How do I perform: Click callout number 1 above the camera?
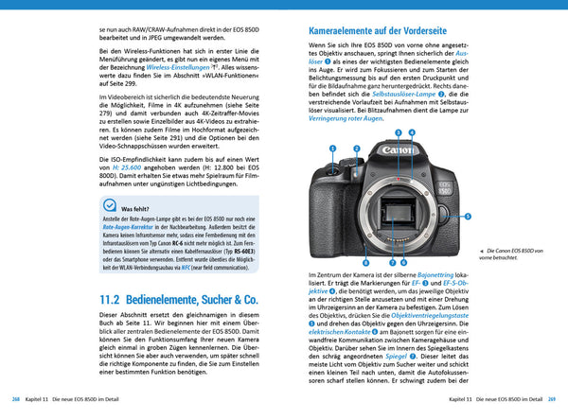pyautogui.click(x=333, y=149)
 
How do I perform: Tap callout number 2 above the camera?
pyautogui.click(x=356, y=149)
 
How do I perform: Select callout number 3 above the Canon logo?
pyautogui.click(x=399, y=133)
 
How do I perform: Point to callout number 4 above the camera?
pyautogui.click(x=412, y=133)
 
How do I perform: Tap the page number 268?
pyautogui.click(x=17, y=401)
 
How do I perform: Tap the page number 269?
pyautogui.click(x=551, y=401)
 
